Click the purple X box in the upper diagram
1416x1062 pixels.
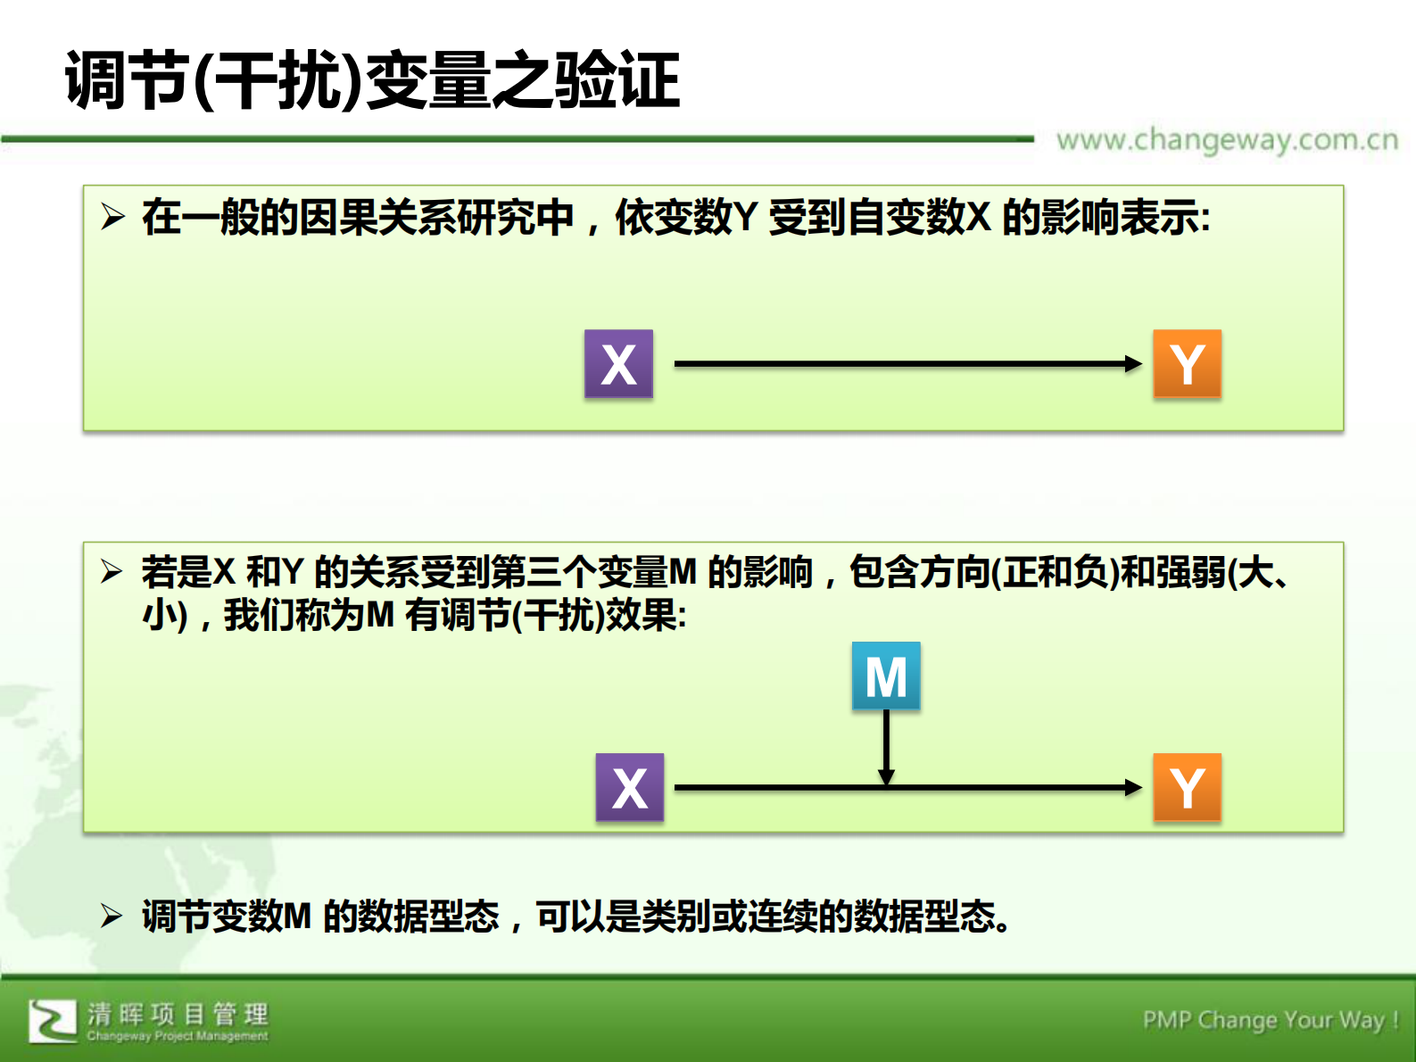(x=618, y=363)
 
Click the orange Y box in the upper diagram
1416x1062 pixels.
(x=1187, y=363)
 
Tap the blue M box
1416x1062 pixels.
(x=886, y=676)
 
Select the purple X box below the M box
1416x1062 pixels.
(x=630, y=787)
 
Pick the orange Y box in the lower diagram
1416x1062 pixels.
(x=1187, y=787)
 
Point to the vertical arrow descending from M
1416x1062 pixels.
(x=886, y=745)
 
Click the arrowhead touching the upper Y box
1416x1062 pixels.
(x=1134, y=363)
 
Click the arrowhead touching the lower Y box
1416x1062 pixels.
(x=1134, y=787)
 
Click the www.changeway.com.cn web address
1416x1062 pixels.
(x=1227, y=140)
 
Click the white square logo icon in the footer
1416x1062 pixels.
(x=53, y=1021)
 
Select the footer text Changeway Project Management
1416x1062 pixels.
(x=178, y=1036)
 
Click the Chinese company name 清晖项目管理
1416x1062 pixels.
(x=178, y=1014)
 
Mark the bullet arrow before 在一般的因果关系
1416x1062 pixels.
(x=112, y=216)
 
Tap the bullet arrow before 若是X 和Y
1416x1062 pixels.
(x=112, y=570)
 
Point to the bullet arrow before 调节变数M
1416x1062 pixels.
(x=112, y=915)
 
